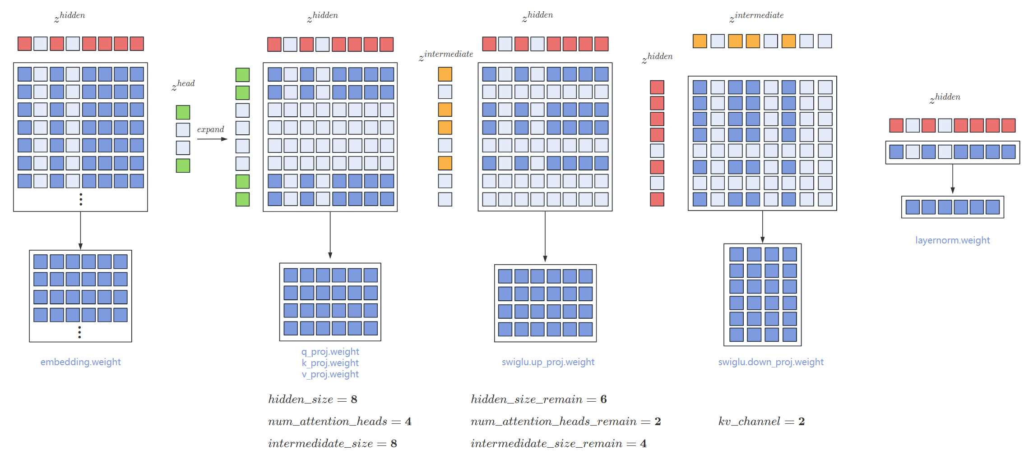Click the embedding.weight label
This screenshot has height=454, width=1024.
click(80, 362)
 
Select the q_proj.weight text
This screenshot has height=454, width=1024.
click(330, 352)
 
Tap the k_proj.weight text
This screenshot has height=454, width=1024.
click(330, 363)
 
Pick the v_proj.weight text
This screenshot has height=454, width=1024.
click(330, 374)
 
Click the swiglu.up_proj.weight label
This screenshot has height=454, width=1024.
click(548, 362)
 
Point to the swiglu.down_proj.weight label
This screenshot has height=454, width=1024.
click(770, 362)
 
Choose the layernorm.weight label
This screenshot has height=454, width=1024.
click(952, 240)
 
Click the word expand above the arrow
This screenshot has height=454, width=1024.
click(210, 129)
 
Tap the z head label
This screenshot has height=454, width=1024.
click(183, 84)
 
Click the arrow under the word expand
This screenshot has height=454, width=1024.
click(212, 139)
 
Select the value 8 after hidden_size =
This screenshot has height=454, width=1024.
click(354, 399)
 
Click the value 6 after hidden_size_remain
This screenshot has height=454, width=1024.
click(603, 399)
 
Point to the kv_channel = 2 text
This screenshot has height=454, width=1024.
click(761, 422)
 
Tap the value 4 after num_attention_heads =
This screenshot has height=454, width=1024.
click(408, 422)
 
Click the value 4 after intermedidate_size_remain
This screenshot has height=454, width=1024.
click(643, 444)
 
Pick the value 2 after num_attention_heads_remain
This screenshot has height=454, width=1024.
click(658, 422)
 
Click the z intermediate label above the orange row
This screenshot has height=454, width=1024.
click(757, 16)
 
